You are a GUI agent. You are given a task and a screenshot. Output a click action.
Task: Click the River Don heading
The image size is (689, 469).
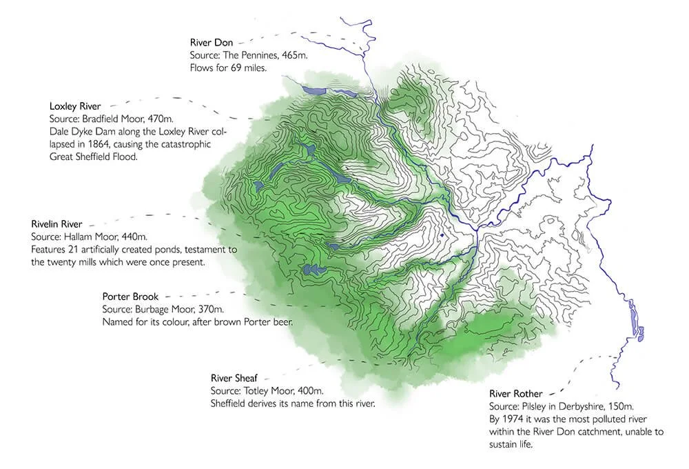212,43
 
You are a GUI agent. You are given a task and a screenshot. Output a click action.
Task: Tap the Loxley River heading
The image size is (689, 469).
75,106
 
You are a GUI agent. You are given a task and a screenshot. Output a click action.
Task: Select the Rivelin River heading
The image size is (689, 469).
57,224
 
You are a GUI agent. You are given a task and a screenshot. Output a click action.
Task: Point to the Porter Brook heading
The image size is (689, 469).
130,297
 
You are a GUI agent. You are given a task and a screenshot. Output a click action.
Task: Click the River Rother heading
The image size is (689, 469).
516,394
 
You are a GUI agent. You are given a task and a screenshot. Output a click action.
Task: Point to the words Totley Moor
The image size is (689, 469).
271,391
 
